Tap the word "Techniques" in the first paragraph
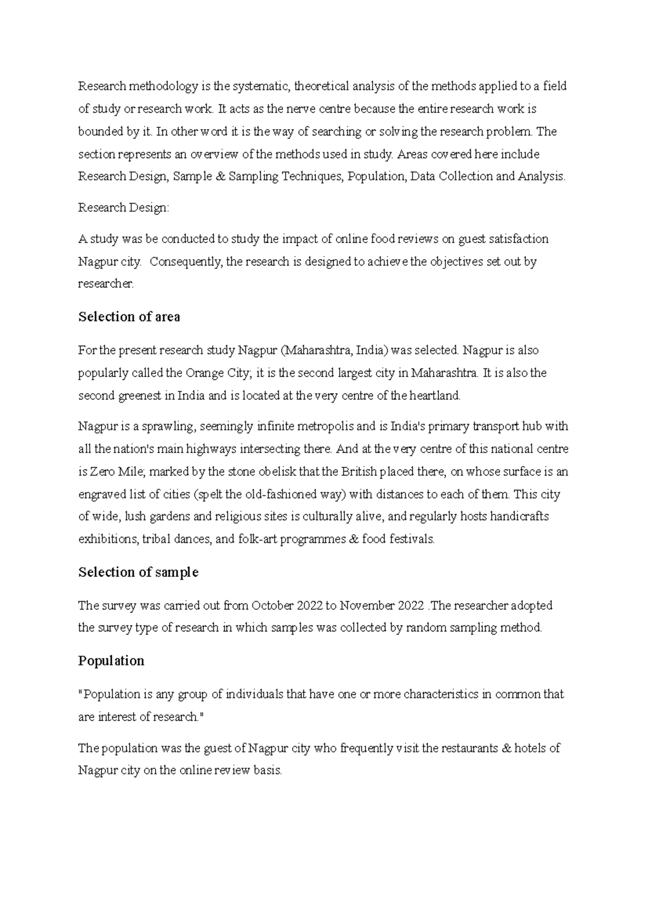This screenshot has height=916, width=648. pos(310,177)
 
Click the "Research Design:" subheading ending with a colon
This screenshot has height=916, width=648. pos(124,208)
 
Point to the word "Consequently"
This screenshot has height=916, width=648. pos(185,262)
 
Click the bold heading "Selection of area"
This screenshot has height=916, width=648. pos(129,317)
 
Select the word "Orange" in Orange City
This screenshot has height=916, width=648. pos(202,373)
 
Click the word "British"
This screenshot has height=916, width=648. pos(359,472)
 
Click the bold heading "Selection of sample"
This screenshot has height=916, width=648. pos(138,572)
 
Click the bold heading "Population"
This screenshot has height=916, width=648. pos(111,661)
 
